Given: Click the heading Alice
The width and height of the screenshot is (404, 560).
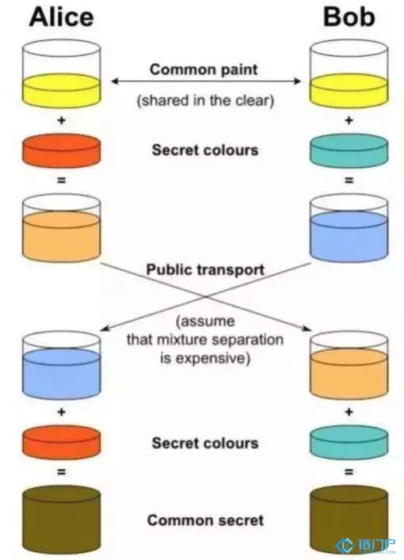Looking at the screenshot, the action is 62,17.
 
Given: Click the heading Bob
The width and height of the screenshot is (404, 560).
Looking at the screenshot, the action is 349,17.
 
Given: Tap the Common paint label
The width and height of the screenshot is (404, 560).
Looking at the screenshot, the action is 204,69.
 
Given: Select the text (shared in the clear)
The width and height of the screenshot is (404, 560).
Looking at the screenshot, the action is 205,101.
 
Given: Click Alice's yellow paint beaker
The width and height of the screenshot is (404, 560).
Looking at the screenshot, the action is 62,74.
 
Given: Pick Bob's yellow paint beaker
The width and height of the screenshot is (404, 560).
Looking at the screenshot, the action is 349,74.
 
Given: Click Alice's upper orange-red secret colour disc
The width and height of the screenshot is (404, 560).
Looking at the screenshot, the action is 62,150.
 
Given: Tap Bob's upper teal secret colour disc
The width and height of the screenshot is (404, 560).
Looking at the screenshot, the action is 349,150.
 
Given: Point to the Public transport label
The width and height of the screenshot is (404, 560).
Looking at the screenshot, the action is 205,269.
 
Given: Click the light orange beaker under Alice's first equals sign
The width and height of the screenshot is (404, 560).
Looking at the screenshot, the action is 62,228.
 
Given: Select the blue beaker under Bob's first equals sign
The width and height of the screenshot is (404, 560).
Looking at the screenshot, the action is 349,228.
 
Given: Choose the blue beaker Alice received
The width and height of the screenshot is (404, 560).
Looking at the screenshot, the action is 62,365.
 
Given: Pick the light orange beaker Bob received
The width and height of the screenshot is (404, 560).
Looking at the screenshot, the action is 349,365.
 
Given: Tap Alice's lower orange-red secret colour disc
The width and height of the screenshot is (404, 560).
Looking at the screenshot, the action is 62,442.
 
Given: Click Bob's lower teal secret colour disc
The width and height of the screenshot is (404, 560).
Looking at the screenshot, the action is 349,442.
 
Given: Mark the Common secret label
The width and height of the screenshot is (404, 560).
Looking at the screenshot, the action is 205,520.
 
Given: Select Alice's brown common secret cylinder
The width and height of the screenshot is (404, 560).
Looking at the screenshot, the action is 62,520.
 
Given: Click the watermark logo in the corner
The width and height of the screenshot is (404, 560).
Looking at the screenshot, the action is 365,545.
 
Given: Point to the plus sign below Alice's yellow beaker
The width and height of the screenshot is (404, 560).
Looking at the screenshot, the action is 62,120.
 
